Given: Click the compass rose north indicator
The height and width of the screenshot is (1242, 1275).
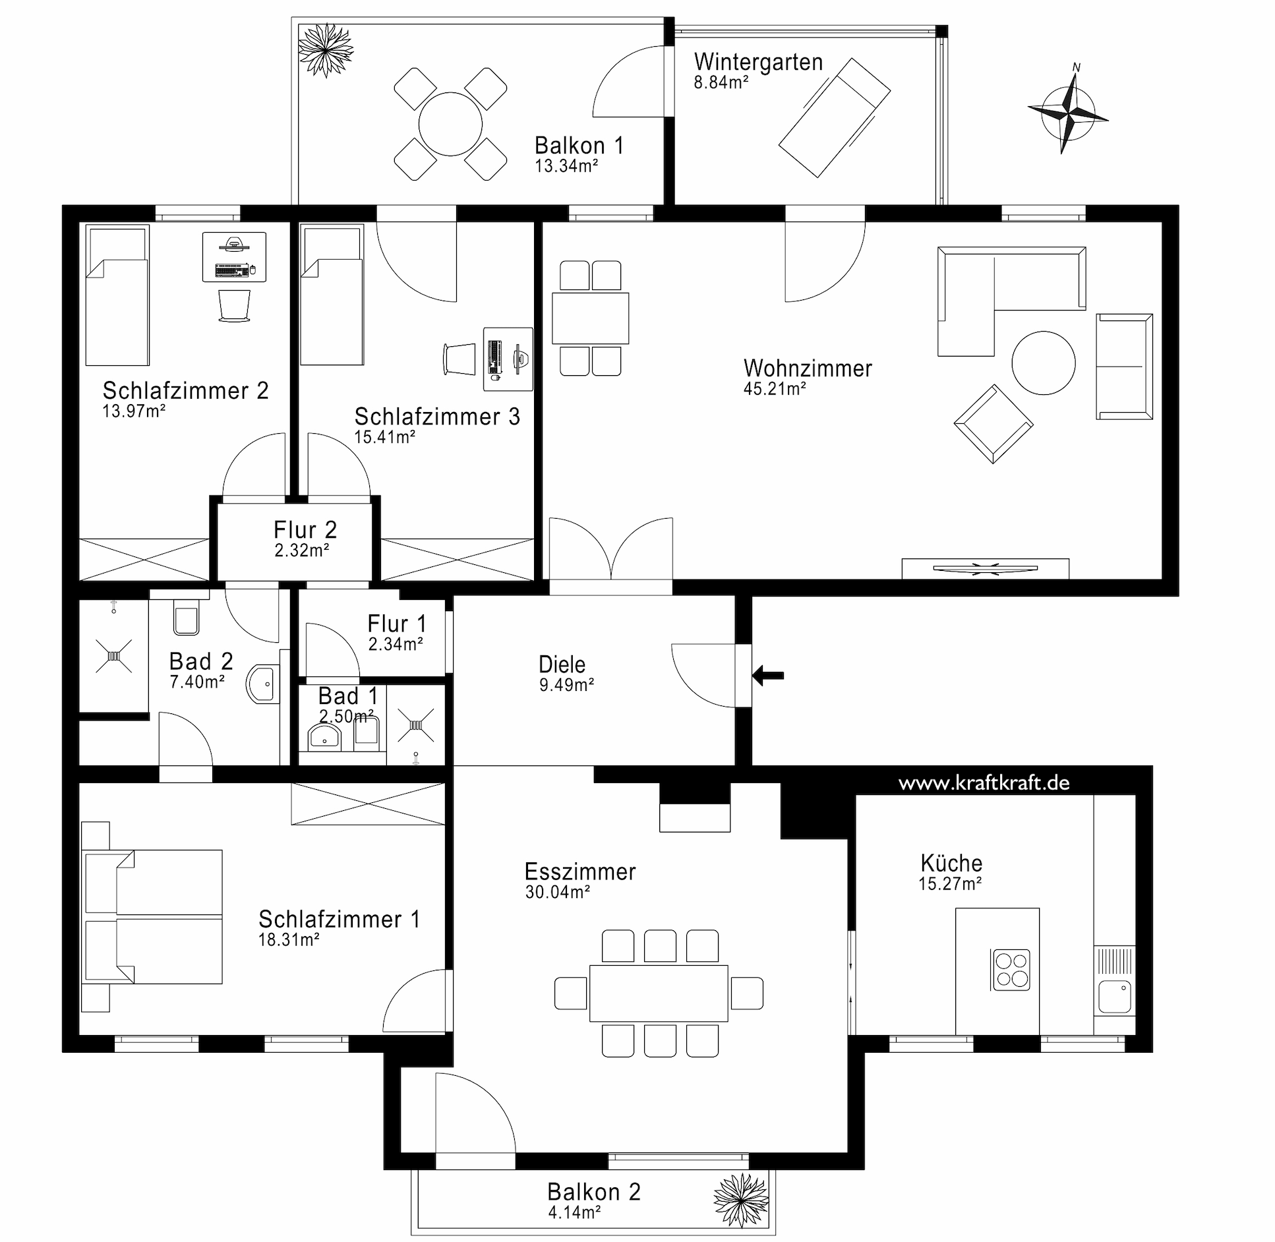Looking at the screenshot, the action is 1076,67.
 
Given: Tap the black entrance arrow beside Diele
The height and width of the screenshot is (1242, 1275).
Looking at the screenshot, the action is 768,675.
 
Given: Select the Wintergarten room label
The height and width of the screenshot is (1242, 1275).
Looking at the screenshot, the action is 758,62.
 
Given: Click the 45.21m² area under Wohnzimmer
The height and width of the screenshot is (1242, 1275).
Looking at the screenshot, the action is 775,389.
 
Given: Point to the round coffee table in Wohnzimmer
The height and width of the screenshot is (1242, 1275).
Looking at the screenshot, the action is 1044,363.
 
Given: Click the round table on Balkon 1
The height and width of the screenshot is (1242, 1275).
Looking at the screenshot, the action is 451,124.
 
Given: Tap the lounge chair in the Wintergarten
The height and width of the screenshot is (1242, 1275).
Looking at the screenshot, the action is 835,117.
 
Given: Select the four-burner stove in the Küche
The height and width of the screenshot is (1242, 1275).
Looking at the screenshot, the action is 1011,969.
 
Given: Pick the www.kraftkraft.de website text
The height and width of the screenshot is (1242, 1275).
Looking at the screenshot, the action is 984,783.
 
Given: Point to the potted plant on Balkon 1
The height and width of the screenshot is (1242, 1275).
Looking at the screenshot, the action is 326,50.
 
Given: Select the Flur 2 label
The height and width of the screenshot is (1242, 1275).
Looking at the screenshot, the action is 305,530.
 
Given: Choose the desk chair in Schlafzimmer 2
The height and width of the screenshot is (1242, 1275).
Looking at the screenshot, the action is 234,306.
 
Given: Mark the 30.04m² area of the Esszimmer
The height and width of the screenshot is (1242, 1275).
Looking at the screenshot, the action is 557,892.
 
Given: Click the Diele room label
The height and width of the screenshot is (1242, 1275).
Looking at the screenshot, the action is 562,665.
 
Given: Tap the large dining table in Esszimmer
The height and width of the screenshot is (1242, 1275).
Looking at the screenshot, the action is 659,993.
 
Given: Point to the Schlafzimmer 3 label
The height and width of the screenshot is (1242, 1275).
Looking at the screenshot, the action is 437,417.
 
